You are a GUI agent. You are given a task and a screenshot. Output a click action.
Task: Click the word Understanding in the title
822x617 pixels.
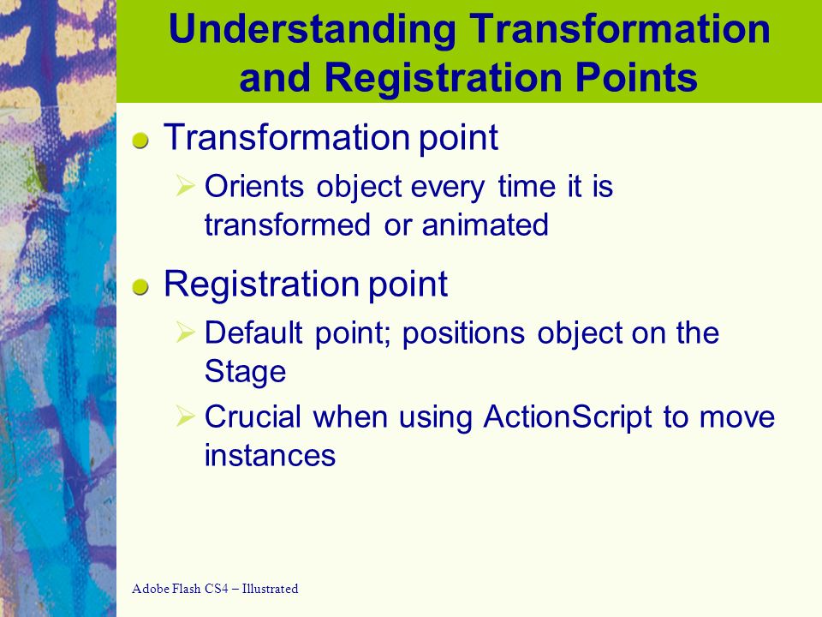tap(313, 30)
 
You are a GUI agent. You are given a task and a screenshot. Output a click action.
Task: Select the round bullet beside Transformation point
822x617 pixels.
tap(140, 141)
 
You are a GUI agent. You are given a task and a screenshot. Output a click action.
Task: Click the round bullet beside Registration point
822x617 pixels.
tap(140, 288)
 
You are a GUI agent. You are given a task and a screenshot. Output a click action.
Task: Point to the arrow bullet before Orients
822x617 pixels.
tap(186, 186)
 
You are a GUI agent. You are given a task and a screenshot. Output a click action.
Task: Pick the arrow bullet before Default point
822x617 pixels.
tap(186, 332)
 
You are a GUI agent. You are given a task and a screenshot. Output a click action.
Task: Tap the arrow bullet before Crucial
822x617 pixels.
tap(186, 416)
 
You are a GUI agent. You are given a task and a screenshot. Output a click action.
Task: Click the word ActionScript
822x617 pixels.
tap(568, 417)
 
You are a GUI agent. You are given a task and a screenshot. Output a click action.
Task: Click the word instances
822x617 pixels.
tap(270, 455)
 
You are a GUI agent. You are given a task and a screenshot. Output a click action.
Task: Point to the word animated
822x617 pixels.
tap(485, 225)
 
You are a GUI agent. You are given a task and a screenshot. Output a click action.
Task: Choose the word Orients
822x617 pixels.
tap(254, 186)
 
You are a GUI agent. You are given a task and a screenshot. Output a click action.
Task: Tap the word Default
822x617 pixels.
tap(253, 332)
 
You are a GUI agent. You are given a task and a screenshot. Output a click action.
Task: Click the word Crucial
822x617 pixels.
tap(253, 416)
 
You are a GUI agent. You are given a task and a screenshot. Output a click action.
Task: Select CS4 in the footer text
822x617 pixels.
tap(217, 589)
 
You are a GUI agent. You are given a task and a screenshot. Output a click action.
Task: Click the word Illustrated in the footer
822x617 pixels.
tap(270, 589)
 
